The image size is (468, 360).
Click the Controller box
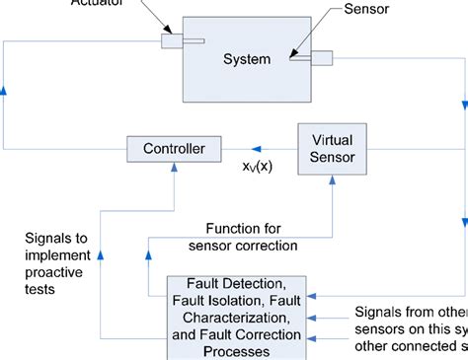[x=174, y=149]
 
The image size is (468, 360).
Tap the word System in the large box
[x=246, y=59]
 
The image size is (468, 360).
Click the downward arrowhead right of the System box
[x=461, y=106]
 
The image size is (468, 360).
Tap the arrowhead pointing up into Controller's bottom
[x=174, y=170]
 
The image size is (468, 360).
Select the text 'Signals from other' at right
[x=410, y=314]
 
